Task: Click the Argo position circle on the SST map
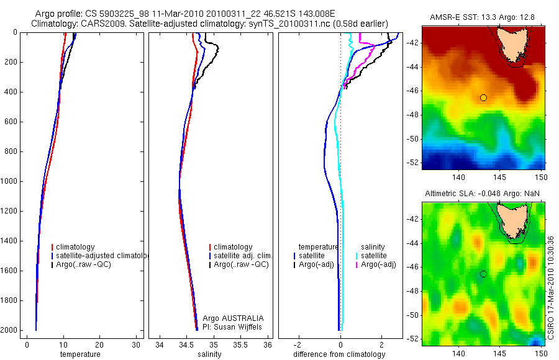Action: pyautogui.click(x=483, y=97)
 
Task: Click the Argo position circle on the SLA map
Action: pyautogui.click(x=483, y=274)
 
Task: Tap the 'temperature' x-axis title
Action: pyautogui.click(x=80, y=354)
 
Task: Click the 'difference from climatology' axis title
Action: pyautogui.click(x=339, y=354)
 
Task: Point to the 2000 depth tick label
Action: pyautogui.click(x=9, y=330)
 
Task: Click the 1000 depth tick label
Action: pyautogui.click(x=9, y=181)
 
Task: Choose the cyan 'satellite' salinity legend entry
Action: pyautogui.click(x=373, y=256)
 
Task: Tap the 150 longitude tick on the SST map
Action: pyautogui.click(x=542, y=178)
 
